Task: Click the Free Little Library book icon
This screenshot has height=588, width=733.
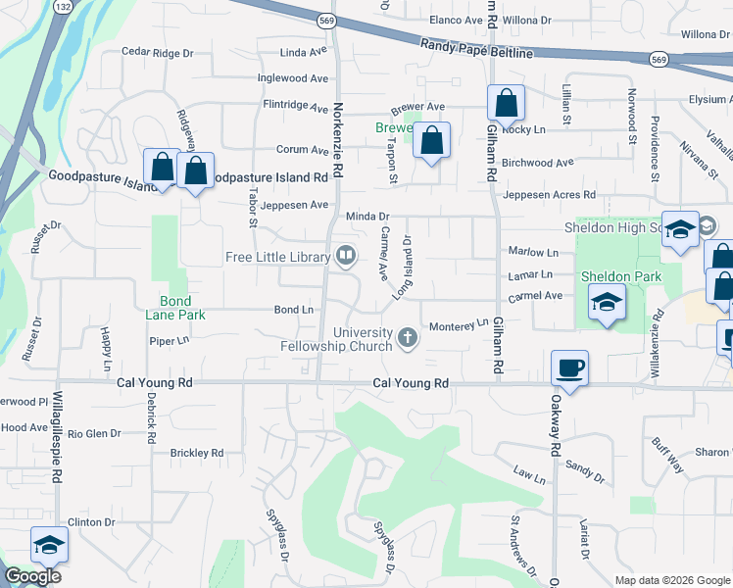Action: [345, 257]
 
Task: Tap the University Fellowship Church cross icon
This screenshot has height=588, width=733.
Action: [408, 339]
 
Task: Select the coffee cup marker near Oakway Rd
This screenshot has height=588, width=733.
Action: [569, 368]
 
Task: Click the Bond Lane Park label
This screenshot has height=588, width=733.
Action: [183, 309]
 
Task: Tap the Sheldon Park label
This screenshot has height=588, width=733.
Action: [615, 276]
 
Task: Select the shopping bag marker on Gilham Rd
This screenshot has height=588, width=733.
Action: [506, 102]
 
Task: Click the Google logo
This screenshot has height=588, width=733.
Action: [32, 576]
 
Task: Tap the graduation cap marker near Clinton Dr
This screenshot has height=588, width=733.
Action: [48, 545]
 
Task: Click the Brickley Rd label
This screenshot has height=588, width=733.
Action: [196, 453]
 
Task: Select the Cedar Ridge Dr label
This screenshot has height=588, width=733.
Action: [158, 52]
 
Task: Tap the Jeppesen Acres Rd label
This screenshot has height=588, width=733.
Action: [549, 196]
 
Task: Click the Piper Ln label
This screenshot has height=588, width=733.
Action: [169, 340]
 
